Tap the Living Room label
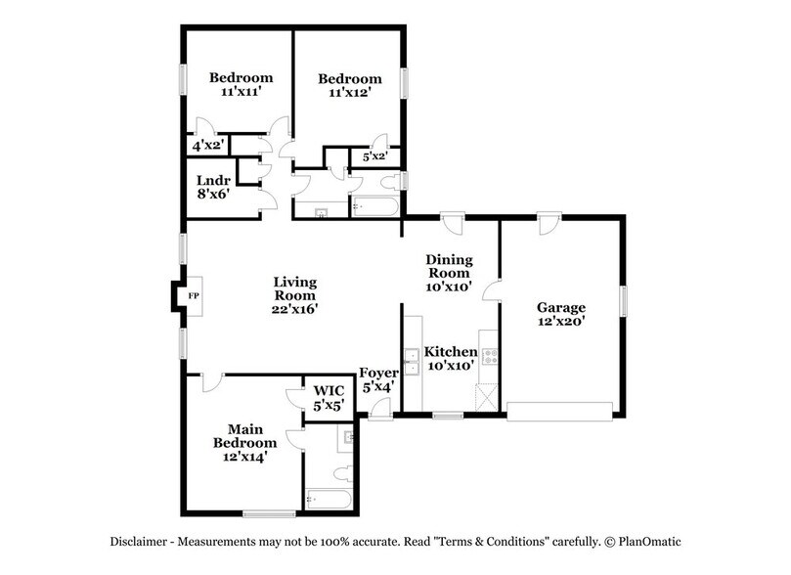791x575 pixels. click(294, 288)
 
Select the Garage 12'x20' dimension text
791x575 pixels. click(561, 321)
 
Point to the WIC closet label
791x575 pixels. click(329, 390)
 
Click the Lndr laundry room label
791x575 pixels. click(213, 181)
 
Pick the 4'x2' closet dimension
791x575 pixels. click(208, 147)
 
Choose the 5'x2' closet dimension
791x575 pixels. click(374, 156)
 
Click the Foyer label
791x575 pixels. click(378, 374)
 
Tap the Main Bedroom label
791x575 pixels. click(245, 436)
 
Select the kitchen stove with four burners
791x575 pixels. click(490, 357)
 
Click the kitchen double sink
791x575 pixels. click(413, 362)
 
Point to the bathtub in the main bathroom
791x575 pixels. click(329, 500)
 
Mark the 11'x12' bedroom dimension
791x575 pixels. click(350, 93)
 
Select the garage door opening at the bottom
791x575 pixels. click(560, 411)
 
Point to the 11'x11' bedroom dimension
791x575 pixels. click(241, 91)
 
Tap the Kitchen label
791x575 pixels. click(451, 352)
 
